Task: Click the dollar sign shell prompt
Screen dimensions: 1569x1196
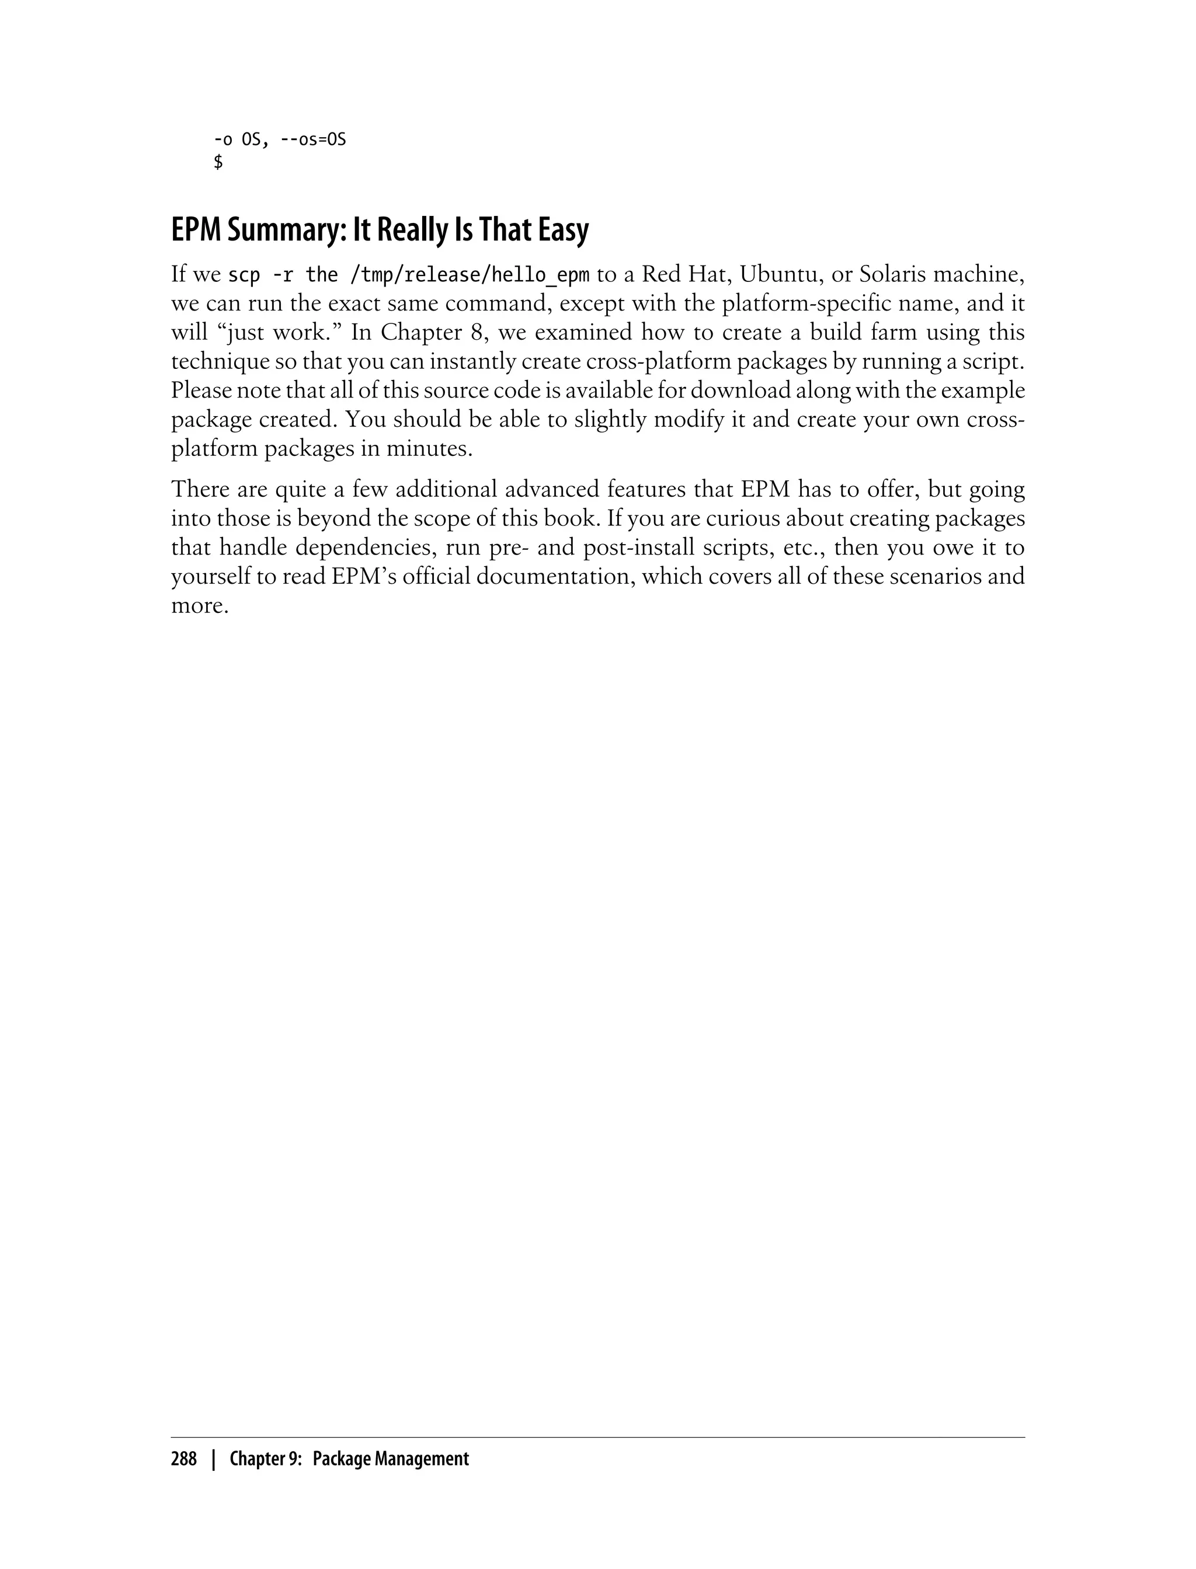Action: (x=218, y=162)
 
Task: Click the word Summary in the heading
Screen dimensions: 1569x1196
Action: (x=263, y=230)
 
